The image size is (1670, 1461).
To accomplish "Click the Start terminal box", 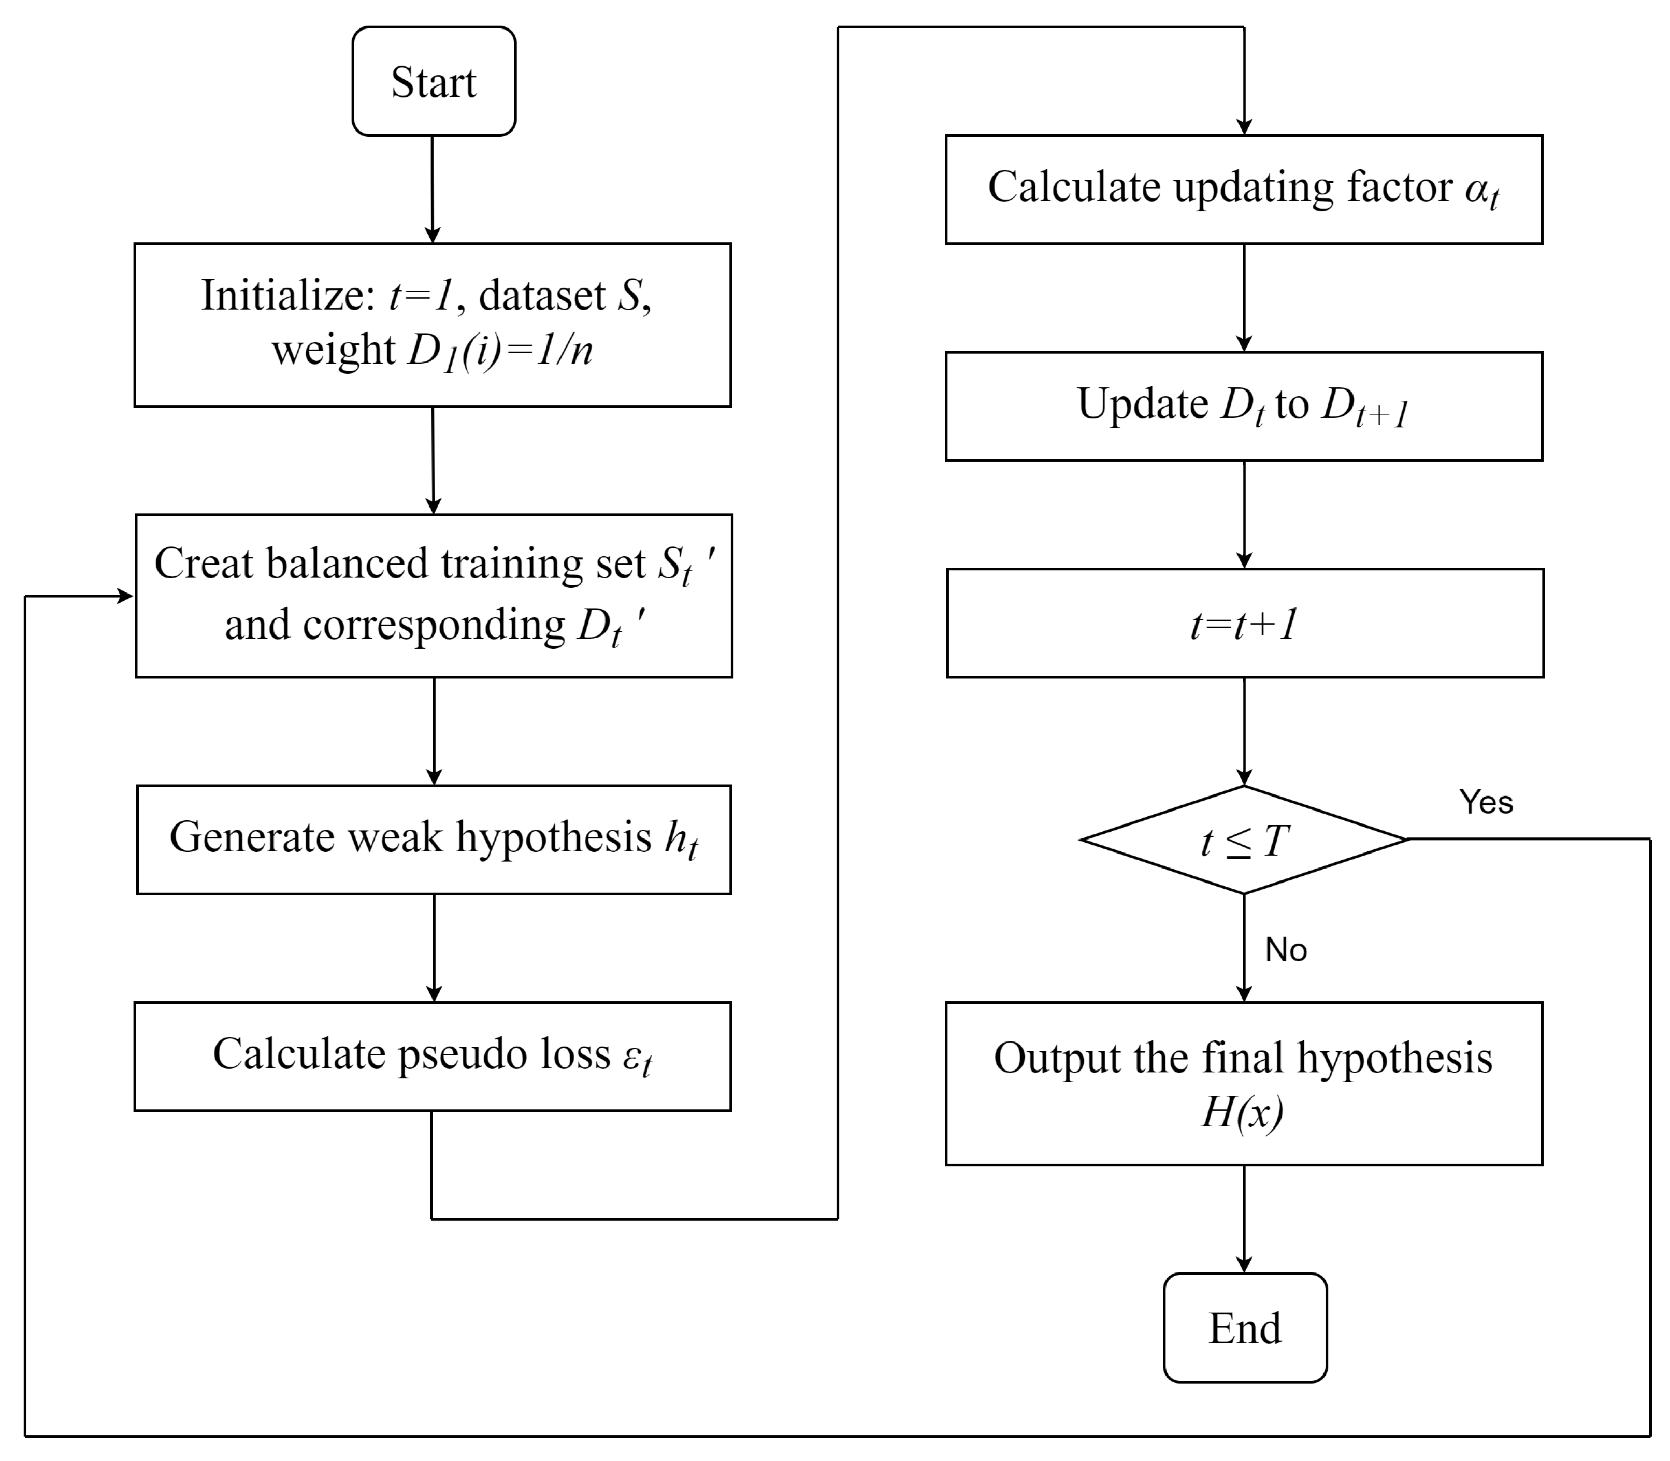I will (x=433, y=81).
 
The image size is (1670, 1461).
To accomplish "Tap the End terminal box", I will (x=1244, y=1327).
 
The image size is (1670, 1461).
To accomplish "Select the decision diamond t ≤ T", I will (x=1244, y=840).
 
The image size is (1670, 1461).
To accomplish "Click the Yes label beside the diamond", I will (x=1486, y=802).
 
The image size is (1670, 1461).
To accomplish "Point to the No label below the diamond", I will (x=1285, y=950).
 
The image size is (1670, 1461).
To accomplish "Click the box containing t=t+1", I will (x=1244, y=624).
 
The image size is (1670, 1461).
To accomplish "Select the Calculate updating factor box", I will (x=1244, y=189).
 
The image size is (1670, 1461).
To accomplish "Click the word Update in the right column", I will (x=1142, y=403).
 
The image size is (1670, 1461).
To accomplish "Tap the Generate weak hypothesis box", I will (x=433, y=840).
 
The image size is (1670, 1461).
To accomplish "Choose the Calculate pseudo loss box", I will (x=432, y=1056).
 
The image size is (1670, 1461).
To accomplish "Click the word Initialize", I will (x=288, y=295).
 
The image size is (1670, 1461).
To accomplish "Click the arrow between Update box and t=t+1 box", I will (x=1244, y=514).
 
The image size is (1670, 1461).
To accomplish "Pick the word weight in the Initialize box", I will (x=333, y=351).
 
